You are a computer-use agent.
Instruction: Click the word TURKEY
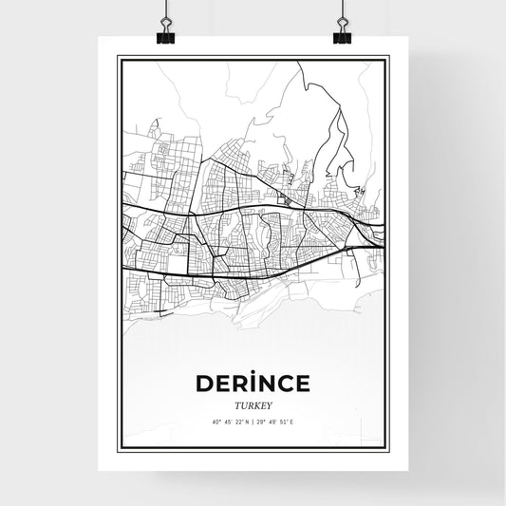[253, 403]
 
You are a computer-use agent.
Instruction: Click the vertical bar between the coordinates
[252, 422]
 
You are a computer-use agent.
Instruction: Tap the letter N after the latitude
[245, 422]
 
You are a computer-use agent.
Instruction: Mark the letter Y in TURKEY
[271, 403]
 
